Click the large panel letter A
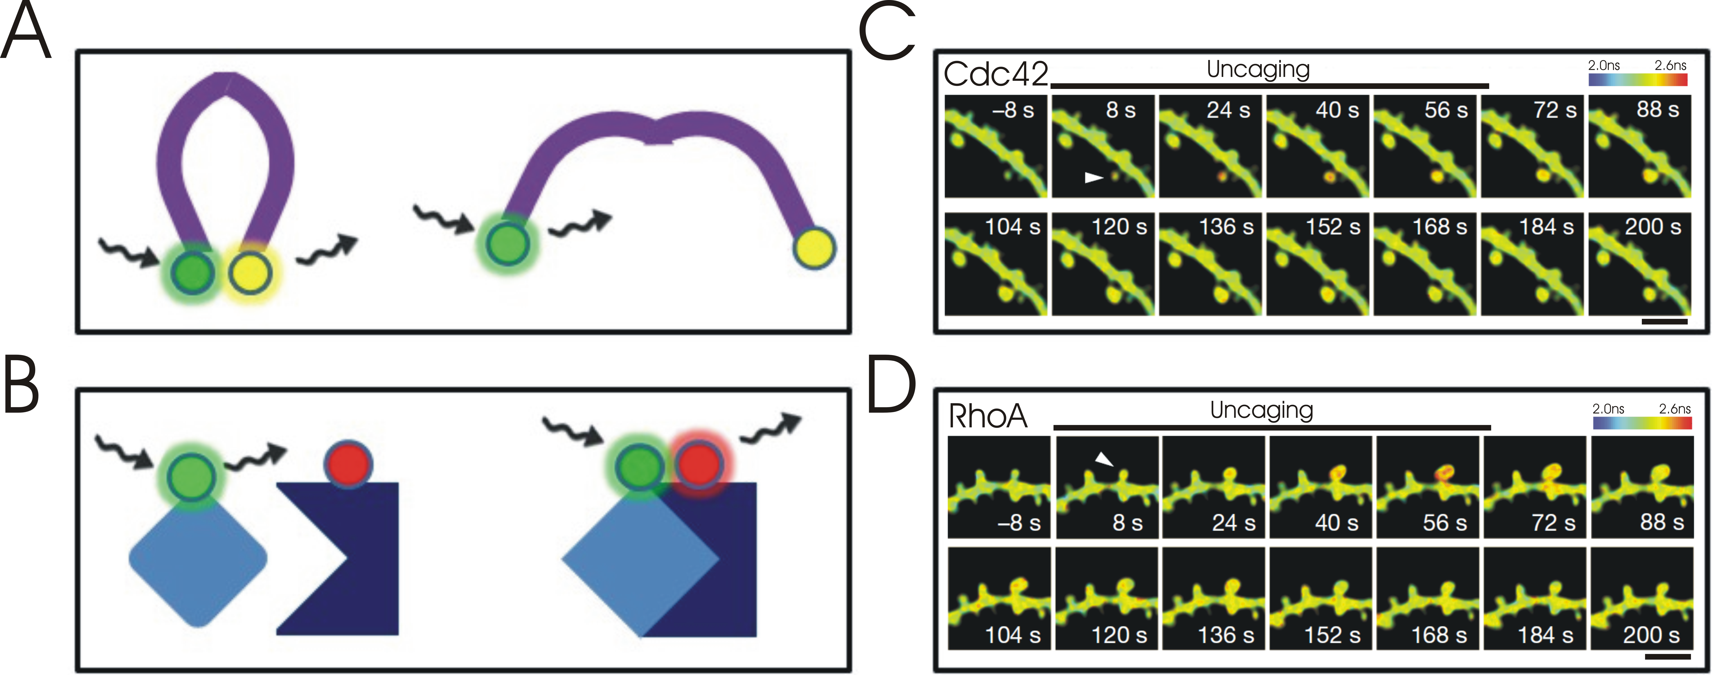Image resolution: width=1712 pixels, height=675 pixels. [26, 32]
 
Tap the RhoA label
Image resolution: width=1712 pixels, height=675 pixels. [988, 416]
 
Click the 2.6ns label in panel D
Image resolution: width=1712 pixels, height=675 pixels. [1675, 408]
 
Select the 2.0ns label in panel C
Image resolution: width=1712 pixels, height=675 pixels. [1604, 65]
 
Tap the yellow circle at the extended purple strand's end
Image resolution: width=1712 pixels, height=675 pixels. [814, 248]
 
